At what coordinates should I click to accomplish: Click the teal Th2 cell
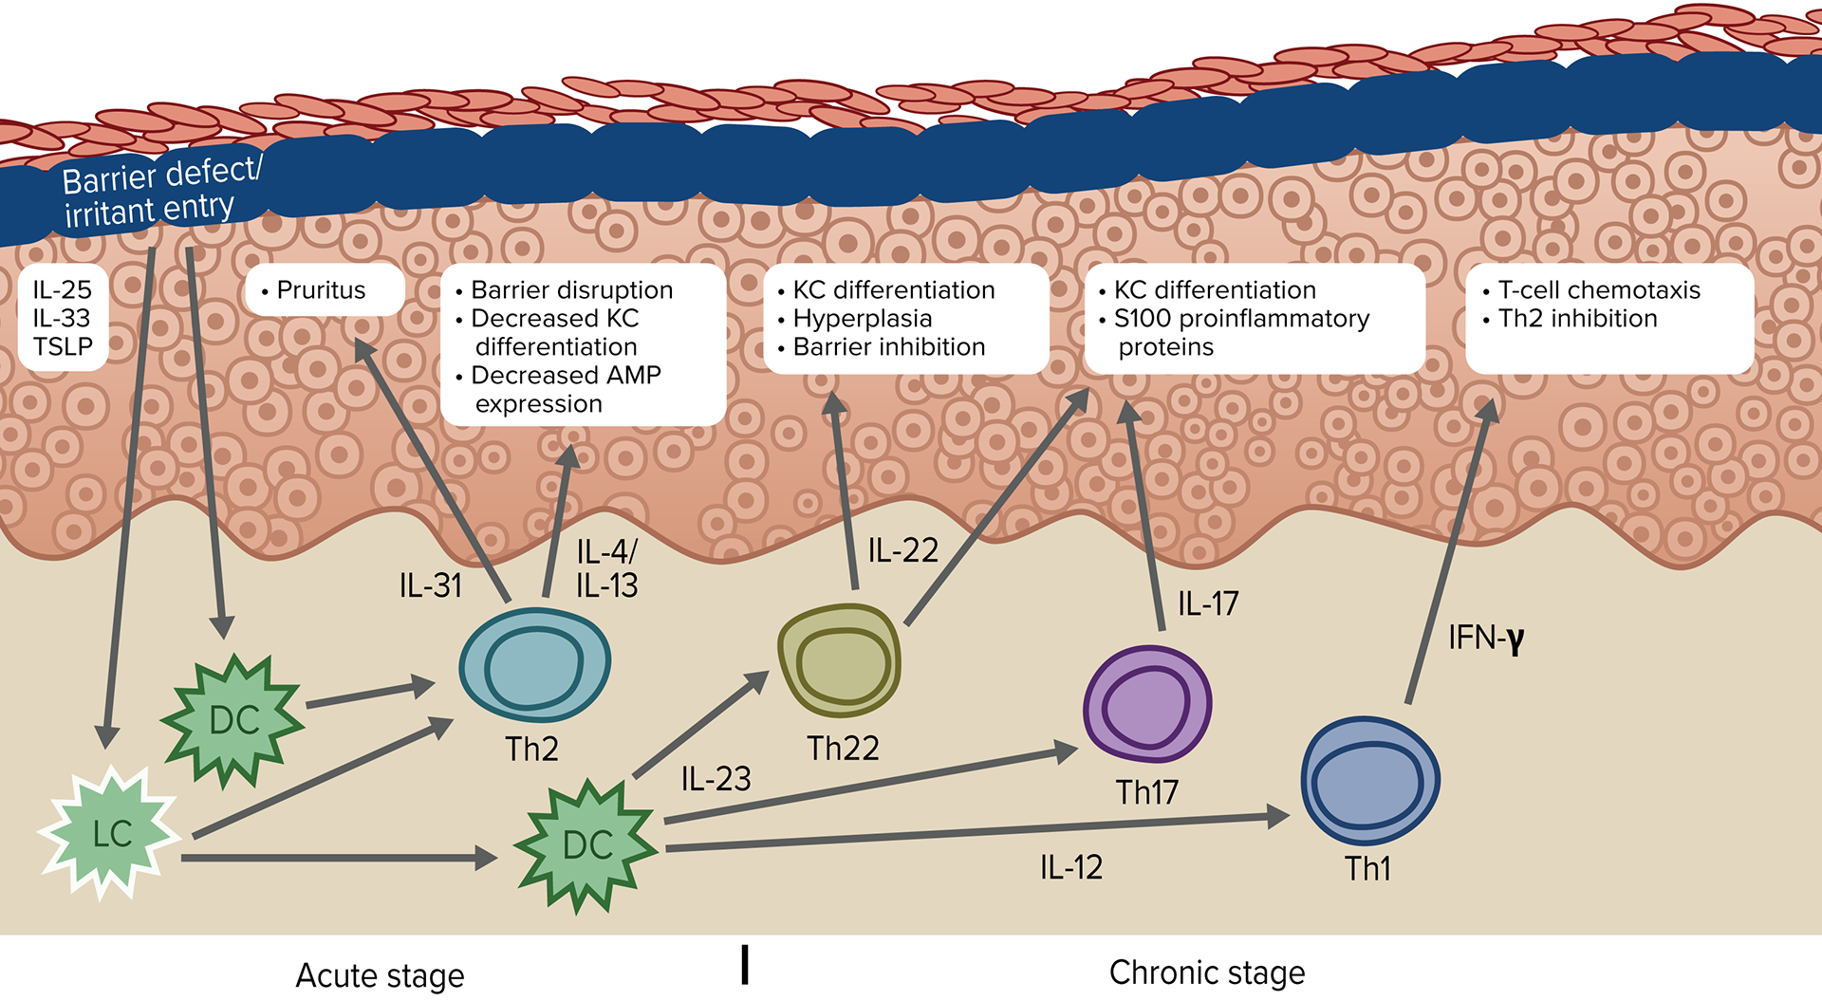pos(534,665)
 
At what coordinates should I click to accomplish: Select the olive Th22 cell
pos(839,659)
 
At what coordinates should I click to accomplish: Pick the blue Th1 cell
pos(1369,780)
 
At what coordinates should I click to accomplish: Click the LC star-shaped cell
pos(110,833)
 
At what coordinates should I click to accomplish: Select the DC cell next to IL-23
pos(586,844)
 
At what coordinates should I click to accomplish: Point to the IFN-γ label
pos(1485,639)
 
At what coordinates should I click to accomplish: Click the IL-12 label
pos(1070,867)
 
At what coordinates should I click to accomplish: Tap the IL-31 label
pos(430,585)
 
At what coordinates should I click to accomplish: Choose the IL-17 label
pos(1207,603)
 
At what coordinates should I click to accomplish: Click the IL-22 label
pos(902,550)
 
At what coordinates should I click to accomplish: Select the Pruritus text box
pos(321,290)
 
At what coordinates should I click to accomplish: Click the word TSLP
pos(63,347)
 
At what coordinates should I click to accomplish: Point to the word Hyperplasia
pos(862,319)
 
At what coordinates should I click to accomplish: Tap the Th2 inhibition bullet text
pos(1577,319)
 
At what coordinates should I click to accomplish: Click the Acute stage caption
pos(380,975)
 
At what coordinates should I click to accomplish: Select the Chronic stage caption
pos(1207,973)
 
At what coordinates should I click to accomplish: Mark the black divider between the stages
pos(745,964)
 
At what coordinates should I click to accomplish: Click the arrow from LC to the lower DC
pos(337,858)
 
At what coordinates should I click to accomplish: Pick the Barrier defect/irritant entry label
pos(157,194)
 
